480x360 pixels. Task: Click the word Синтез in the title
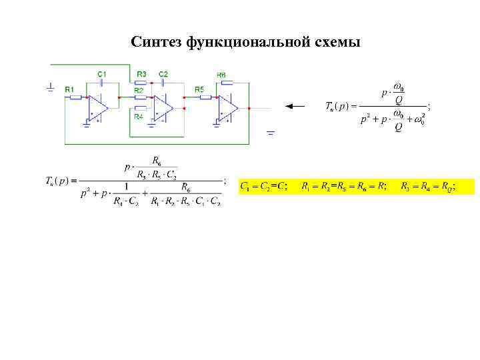tap(157, 43)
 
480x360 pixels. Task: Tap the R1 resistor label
tap(69, 89)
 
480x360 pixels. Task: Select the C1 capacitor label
tap(102, 73)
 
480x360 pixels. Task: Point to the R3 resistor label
tap(141, 73)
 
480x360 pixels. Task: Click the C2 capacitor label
tap(163, 73)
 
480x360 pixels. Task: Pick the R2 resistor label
tap(139, 89)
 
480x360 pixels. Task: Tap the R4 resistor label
tap(139, 117)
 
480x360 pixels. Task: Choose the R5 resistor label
tap(199, 89)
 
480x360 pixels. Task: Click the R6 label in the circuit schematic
tap(221, 74)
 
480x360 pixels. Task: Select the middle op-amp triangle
tap(163, 107)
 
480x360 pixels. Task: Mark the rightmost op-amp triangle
tap(230, 107)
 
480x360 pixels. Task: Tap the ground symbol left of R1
tap(51, 87)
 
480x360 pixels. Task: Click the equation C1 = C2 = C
tap(264, 186)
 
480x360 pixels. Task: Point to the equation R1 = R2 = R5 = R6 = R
tap(344, 186)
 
